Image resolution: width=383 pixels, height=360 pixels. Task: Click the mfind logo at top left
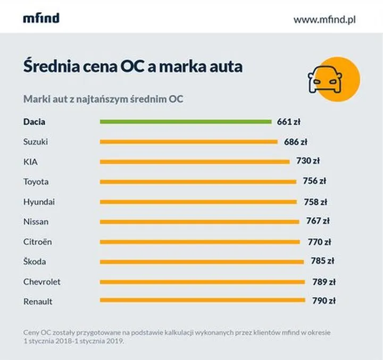(x=41, y=18)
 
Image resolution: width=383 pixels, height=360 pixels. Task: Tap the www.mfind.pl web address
(x=324, y=19)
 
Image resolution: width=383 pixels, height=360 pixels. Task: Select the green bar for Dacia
(x=186, y=121)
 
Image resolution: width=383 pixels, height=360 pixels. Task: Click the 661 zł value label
(x=289, y=121)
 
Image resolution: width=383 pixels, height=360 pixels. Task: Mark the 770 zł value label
(x=319, y=242)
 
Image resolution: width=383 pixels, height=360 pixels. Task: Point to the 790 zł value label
(x=324, y=301)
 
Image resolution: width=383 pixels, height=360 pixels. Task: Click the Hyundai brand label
(x=39, y=202)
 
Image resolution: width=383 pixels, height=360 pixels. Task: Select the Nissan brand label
(x=36, y=222)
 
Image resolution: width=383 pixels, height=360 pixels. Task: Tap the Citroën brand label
(x=38, y=242)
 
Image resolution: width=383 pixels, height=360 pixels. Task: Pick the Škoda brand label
(x=35, y=261)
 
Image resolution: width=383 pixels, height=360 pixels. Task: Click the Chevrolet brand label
(x=42, y=282)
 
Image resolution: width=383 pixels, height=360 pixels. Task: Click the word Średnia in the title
(x=48, y=68)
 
